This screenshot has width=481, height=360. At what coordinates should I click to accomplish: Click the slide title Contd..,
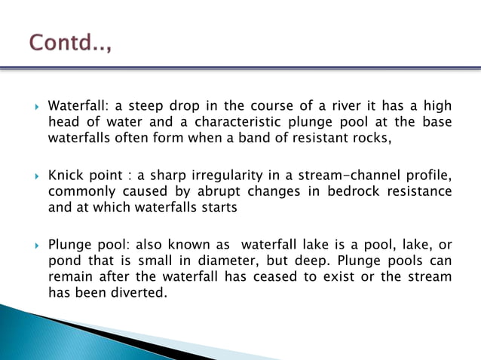[70, 43]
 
